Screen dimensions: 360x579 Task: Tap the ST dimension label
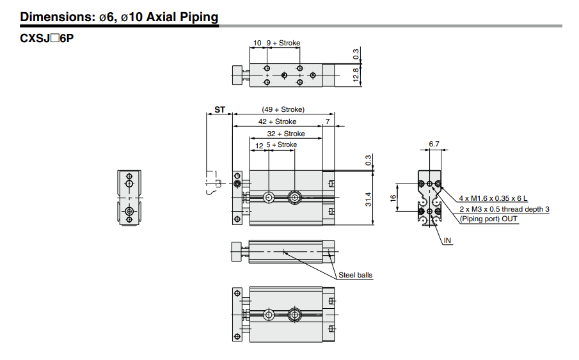(220, 110)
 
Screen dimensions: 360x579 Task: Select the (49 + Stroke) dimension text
(283, 109)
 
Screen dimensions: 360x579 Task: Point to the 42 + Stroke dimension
(277, 121)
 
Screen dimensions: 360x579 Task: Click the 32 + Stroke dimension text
(285, 134)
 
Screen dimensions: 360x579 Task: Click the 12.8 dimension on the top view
(356, 75)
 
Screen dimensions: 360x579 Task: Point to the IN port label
(447, 240)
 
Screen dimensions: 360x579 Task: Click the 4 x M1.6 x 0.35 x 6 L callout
(497, 198)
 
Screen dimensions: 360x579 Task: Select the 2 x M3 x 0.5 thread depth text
(504, 209)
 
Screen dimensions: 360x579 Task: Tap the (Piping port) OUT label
(489, 219)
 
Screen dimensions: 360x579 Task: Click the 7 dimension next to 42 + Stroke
(328, 121)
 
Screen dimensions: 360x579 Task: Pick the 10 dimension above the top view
(257, 43)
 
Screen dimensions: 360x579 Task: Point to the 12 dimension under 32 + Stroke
(259, 145)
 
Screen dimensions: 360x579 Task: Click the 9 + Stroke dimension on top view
(283, 43)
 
